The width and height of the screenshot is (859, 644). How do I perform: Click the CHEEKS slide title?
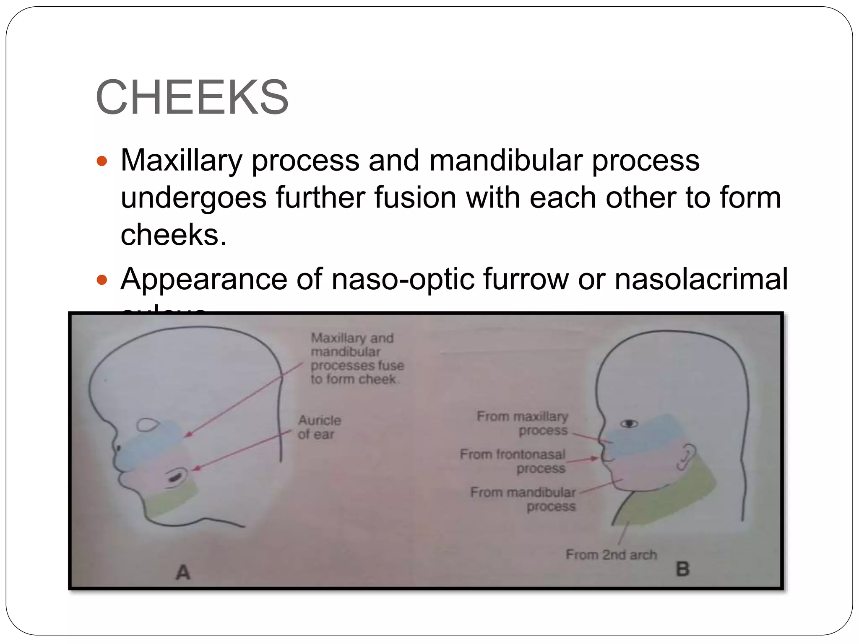(x=192, y=97)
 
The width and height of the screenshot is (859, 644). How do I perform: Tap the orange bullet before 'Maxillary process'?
(x=102, y=161)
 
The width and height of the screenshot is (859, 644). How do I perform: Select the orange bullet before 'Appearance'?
(x=102, y=280)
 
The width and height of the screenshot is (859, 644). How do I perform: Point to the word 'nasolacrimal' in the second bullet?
(x=701, y=279)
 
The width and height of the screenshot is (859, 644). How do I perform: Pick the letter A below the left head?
(x=183, y=572)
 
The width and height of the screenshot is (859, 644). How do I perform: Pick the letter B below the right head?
(x=683, y=569)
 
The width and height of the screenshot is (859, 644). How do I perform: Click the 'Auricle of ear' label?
(x=319, y=427)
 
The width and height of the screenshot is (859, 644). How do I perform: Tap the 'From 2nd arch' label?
(x=611, y=555)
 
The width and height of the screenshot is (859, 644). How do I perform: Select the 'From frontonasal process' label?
(x=513, y=461)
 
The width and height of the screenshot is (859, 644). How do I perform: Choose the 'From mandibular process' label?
(x=523, y=499)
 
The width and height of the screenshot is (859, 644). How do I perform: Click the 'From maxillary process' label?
(x=523, y=423)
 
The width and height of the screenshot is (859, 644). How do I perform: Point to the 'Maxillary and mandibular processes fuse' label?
(x=357, y=358)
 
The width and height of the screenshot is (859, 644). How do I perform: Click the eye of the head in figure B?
(x=629, y=423)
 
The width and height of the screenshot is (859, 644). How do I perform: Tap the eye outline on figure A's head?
(x=147, y=425)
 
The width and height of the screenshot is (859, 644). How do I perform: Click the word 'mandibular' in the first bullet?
(x=505, y=161)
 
